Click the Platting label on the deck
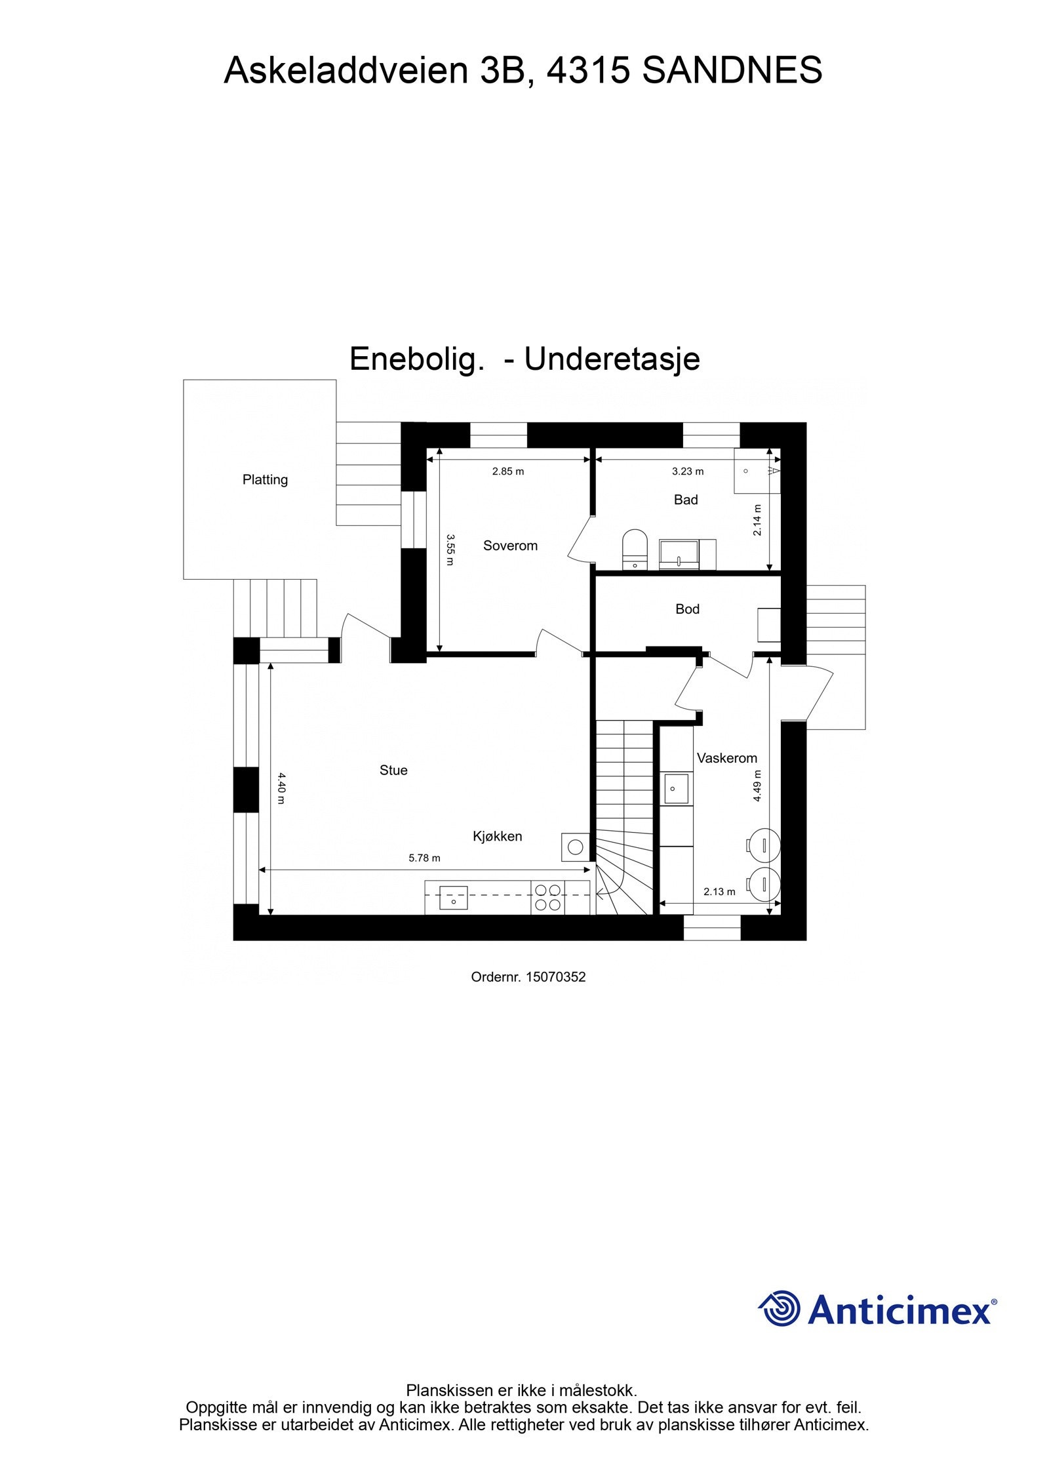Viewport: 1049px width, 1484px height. pos(265,479)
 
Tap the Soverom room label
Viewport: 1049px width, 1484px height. pos(510,545)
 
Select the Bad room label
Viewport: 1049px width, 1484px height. pos(686,500)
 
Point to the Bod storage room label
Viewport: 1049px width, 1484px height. pos(687,609)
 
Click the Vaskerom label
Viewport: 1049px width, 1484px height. pos(726,758)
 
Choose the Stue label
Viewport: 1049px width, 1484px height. pos(393,770)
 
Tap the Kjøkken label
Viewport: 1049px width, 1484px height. pos(498,836)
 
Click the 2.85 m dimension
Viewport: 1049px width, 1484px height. pos(508,471)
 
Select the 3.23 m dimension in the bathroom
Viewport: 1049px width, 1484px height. pos(688,471)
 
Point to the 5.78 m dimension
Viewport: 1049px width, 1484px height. pos(424,858)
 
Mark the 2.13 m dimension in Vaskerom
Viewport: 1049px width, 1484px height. pos(719,891)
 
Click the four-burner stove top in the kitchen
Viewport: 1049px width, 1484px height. pos(547,897)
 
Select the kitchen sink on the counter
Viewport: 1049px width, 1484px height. pos(453,897)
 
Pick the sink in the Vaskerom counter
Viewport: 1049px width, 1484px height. pos(677,788)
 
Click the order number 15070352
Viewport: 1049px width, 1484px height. pos(528,976)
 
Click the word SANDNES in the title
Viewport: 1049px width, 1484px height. pos(732,71)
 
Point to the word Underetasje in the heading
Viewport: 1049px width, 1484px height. pos(612,359)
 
